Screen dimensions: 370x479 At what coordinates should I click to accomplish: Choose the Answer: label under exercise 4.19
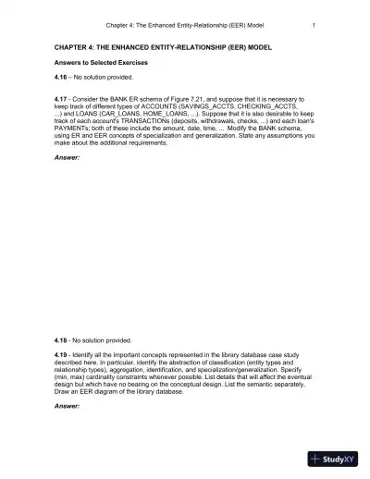pos(68,408)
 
